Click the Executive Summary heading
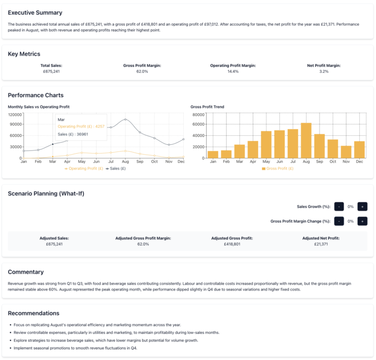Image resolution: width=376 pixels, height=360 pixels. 35,13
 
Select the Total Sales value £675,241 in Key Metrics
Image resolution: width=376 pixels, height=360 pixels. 51,71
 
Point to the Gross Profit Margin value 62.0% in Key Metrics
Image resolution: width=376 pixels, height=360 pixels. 142,71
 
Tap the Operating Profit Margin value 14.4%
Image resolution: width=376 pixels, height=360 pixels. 233,71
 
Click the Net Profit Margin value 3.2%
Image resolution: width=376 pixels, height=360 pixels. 324,71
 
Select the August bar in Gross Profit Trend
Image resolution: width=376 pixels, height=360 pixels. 306,141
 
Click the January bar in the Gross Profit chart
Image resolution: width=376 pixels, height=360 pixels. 213,155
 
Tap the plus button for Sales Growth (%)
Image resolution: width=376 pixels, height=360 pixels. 362,206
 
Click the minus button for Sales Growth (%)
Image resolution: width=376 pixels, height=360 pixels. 339,206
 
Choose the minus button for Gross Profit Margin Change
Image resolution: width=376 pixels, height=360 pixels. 339,221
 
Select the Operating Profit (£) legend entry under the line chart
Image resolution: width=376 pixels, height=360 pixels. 84,168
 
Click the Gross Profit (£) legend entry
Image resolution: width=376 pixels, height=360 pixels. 277,168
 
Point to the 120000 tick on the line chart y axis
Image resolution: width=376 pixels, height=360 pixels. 15,114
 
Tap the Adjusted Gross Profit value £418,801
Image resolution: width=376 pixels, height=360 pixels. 232,244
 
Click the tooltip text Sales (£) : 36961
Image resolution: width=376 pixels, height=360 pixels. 73,134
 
